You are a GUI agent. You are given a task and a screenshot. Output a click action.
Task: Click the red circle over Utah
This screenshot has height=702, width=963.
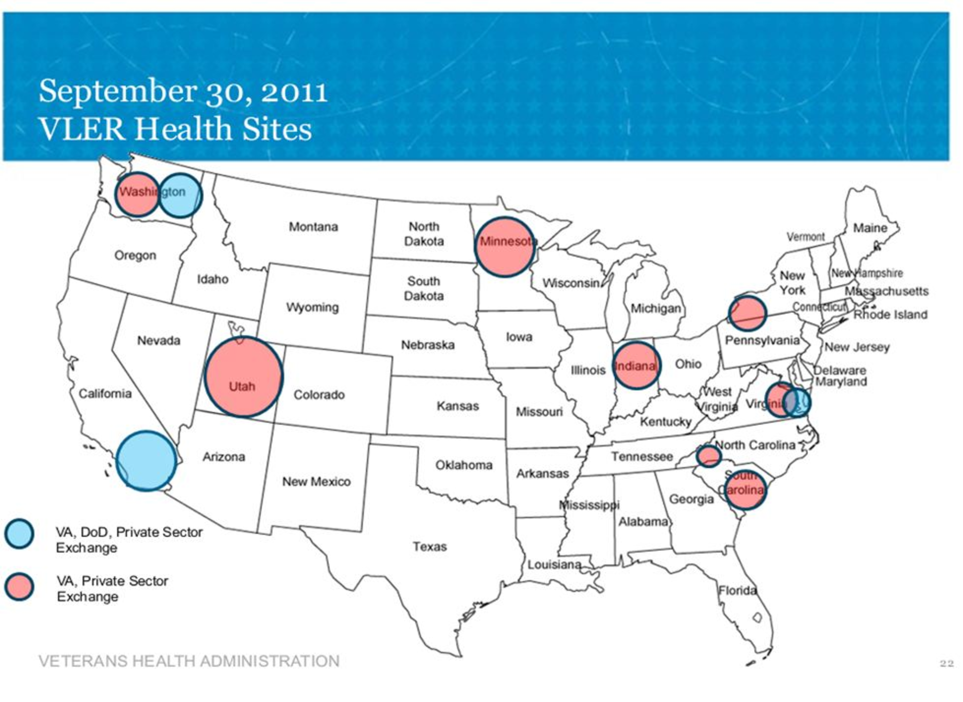[x=244, y=377]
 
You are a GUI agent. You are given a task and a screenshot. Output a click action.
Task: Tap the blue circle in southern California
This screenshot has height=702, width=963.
[x=146, y=461]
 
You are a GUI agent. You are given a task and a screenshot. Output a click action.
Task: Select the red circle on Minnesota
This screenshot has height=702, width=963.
[x=505, y=247]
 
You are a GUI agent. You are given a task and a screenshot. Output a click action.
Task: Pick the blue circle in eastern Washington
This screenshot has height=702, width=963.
[x=181, y=196]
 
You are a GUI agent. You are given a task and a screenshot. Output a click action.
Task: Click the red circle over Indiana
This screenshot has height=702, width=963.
[x=636, y=366]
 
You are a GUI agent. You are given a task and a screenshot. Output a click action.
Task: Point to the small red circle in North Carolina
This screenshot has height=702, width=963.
[x=709, y=456]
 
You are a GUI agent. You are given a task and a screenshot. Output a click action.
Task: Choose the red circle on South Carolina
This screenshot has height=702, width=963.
[x=745, y=489]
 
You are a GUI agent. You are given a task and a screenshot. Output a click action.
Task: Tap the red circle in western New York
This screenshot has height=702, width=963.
[x=747, y=313]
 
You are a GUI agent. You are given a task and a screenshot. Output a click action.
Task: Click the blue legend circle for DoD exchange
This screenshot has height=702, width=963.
[x=19, y=534]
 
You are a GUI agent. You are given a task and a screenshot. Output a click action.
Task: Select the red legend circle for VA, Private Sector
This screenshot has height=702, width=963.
[x=19, y=586]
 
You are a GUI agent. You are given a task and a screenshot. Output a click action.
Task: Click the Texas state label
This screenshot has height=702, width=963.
[x=429, y=547]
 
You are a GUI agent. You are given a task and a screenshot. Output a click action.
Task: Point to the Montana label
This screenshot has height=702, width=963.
[x=313, y=227]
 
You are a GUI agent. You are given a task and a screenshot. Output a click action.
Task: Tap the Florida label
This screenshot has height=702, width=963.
[x=737, y=591]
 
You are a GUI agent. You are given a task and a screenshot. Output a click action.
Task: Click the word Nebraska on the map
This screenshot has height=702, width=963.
[x=427, y=345]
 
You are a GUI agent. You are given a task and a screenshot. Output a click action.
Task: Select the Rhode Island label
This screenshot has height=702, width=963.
[x=890, y=315]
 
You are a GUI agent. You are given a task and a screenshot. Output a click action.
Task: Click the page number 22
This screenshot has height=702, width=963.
[x=946, y=663]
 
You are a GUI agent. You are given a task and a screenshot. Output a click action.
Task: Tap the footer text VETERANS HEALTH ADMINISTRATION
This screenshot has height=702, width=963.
[x=189, y=661]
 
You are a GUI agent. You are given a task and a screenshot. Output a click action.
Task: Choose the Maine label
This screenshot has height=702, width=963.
[x=870, y=228]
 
